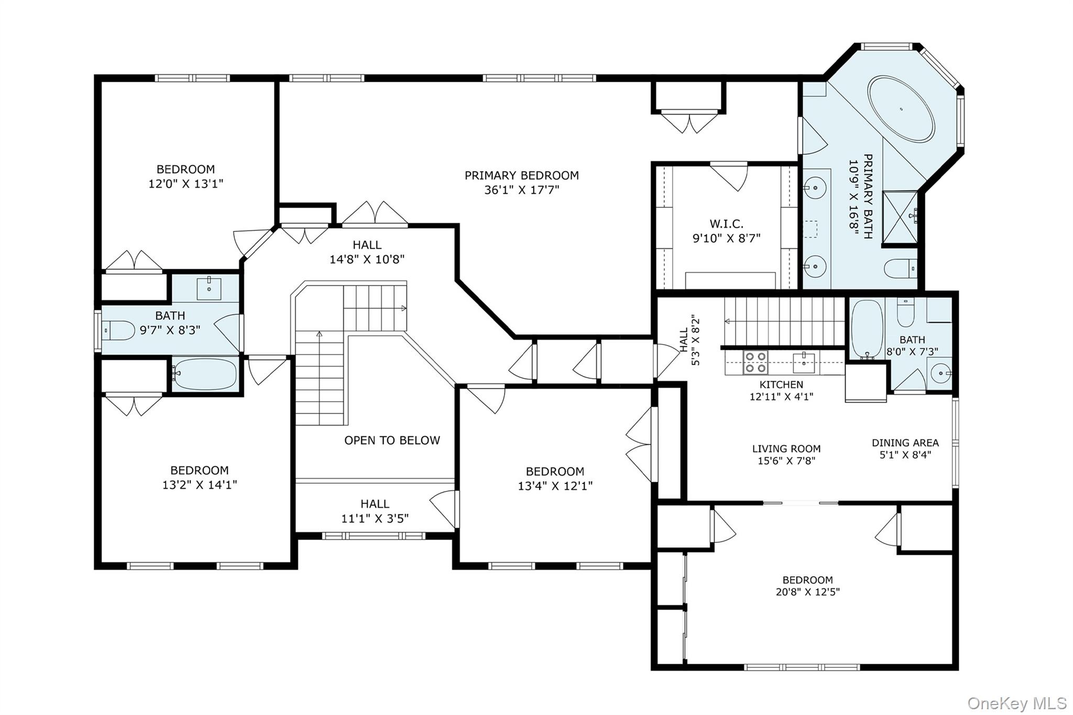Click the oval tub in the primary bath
[901, 108]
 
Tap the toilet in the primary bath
[900, 269]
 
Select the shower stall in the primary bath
[900, 218]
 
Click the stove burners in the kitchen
[756, 362]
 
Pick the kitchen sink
[803, 362]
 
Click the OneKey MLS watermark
[1016, 703]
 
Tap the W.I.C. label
[726, 224]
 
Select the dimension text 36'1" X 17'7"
[521, 190]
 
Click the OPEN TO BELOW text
[392, 441]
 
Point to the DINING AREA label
[905, 443]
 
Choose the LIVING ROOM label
[786, 449]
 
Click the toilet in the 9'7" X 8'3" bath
[118, 330]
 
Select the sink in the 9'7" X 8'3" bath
[209, 289]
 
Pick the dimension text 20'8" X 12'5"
[807, 592]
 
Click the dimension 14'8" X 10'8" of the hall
[367, 259]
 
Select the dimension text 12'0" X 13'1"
[186, 184]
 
